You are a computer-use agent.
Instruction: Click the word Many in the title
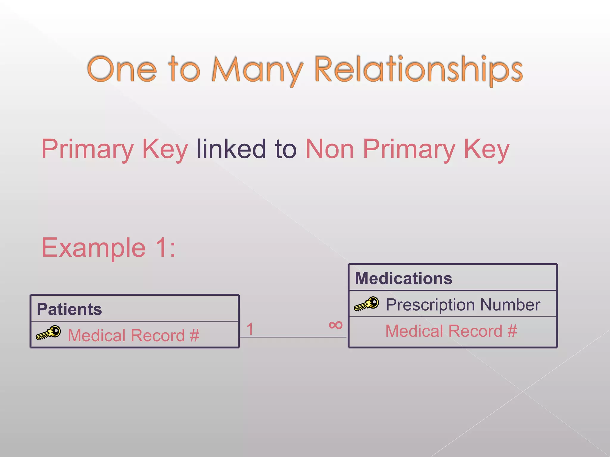[x=257, y=70]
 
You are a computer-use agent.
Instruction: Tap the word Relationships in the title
[x=418, y=70]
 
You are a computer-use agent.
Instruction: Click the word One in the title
[x=122, y=70]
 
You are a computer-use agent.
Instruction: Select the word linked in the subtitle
[x=231, y=149]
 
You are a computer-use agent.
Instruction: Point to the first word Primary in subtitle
[x=87, y=149]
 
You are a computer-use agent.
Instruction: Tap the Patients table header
[x=69, y=309]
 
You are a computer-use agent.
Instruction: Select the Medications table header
[x=404, y=278]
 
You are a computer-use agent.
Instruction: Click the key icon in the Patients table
[x=49, y=333]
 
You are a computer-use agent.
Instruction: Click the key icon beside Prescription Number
[x=367, y=304]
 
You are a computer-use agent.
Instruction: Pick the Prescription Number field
[x=463, y=305]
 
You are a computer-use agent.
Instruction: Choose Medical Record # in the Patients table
[x=133, y=336]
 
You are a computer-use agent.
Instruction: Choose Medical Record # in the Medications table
[x=451, y=331]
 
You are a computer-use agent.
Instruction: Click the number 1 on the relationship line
[x=250, y=329]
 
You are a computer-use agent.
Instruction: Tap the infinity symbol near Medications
[x=336, y=325]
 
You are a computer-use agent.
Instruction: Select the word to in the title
[x=184, y=70]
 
